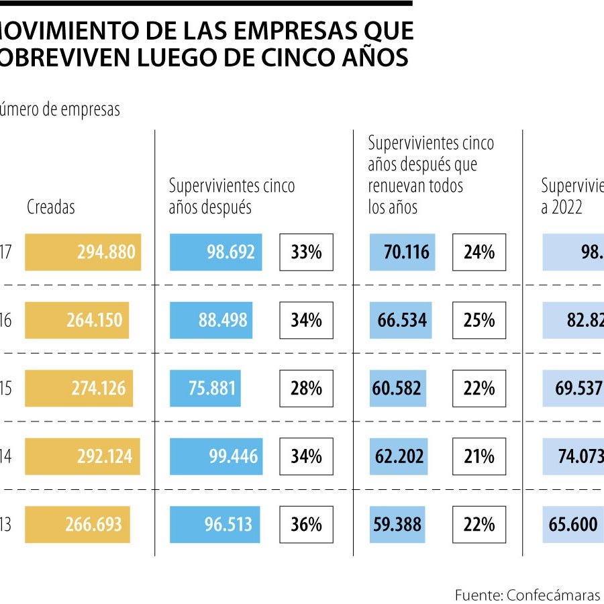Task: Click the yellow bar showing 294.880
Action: tap(83, 252)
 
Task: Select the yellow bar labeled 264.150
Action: tap(77, 320)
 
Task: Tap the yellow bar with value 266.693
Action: tap(77, 524)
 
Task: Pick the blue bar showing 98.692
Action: tap(215, 252)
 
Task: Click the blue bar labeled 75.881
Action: tap(205, 389)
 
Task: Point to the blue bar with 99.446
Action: tap(215, 456)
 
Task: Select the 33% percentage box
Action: tap(306, 252)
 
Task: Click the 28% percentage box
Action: tap(306, 389)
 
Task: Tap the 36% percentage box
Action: tap(306, 524)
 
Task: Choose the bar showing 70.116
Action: tap(402, 252)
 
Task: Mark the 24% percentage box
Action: tap(479, 252)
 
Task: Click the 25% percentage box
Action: tap(479, 320)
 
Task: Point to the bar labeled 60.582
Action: tap(398, 389)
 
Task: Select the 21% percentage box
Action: tap(479, 456)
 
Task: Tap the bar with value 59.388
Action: tap(397, 524)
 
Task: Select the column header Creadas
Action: tap(51, 207)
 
